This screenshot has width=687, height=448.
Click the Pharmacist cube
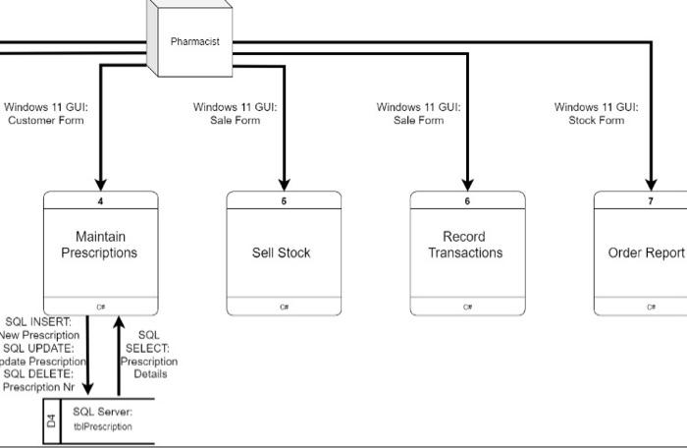tap(193, 42)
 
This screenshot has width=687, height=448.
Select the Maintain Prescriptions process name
tap(99, 245)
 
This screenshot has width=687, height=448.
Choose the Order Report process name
tap(646, 252)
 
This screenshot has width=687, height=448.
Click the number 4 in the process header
tap(100, 200)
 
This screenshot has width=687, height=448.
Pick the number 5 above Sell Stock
tap(284, 200)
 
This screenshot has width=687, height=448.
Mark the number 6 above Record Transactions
tap(467, 200)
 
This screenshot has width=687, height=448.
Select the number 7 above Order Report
tap(650, 200)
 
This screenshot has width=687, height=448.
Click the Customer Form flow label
tap(45, 114)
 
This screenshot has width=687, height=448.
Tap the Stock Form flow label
tap(596, 114)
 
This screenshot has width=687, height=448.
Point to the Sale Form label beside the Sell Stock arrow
tap(235, 114)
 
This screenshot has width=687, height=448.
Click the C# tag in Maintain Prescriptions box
tap(100, 307)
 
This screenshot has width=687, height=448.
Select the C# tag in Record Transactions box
tap(467, 307)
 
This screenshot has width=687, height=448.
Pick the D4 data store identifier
tap(52, 421)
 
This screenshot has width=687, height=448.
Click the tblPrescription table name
tap(102, 427)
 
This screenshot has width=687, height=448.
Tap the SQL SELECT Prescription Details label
tap(148, 355)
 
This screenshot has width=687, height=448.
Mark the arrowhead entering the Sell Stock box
tap(285, 184)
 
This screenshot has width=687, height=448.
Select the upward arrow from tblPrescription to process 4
tap(118, 354)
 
